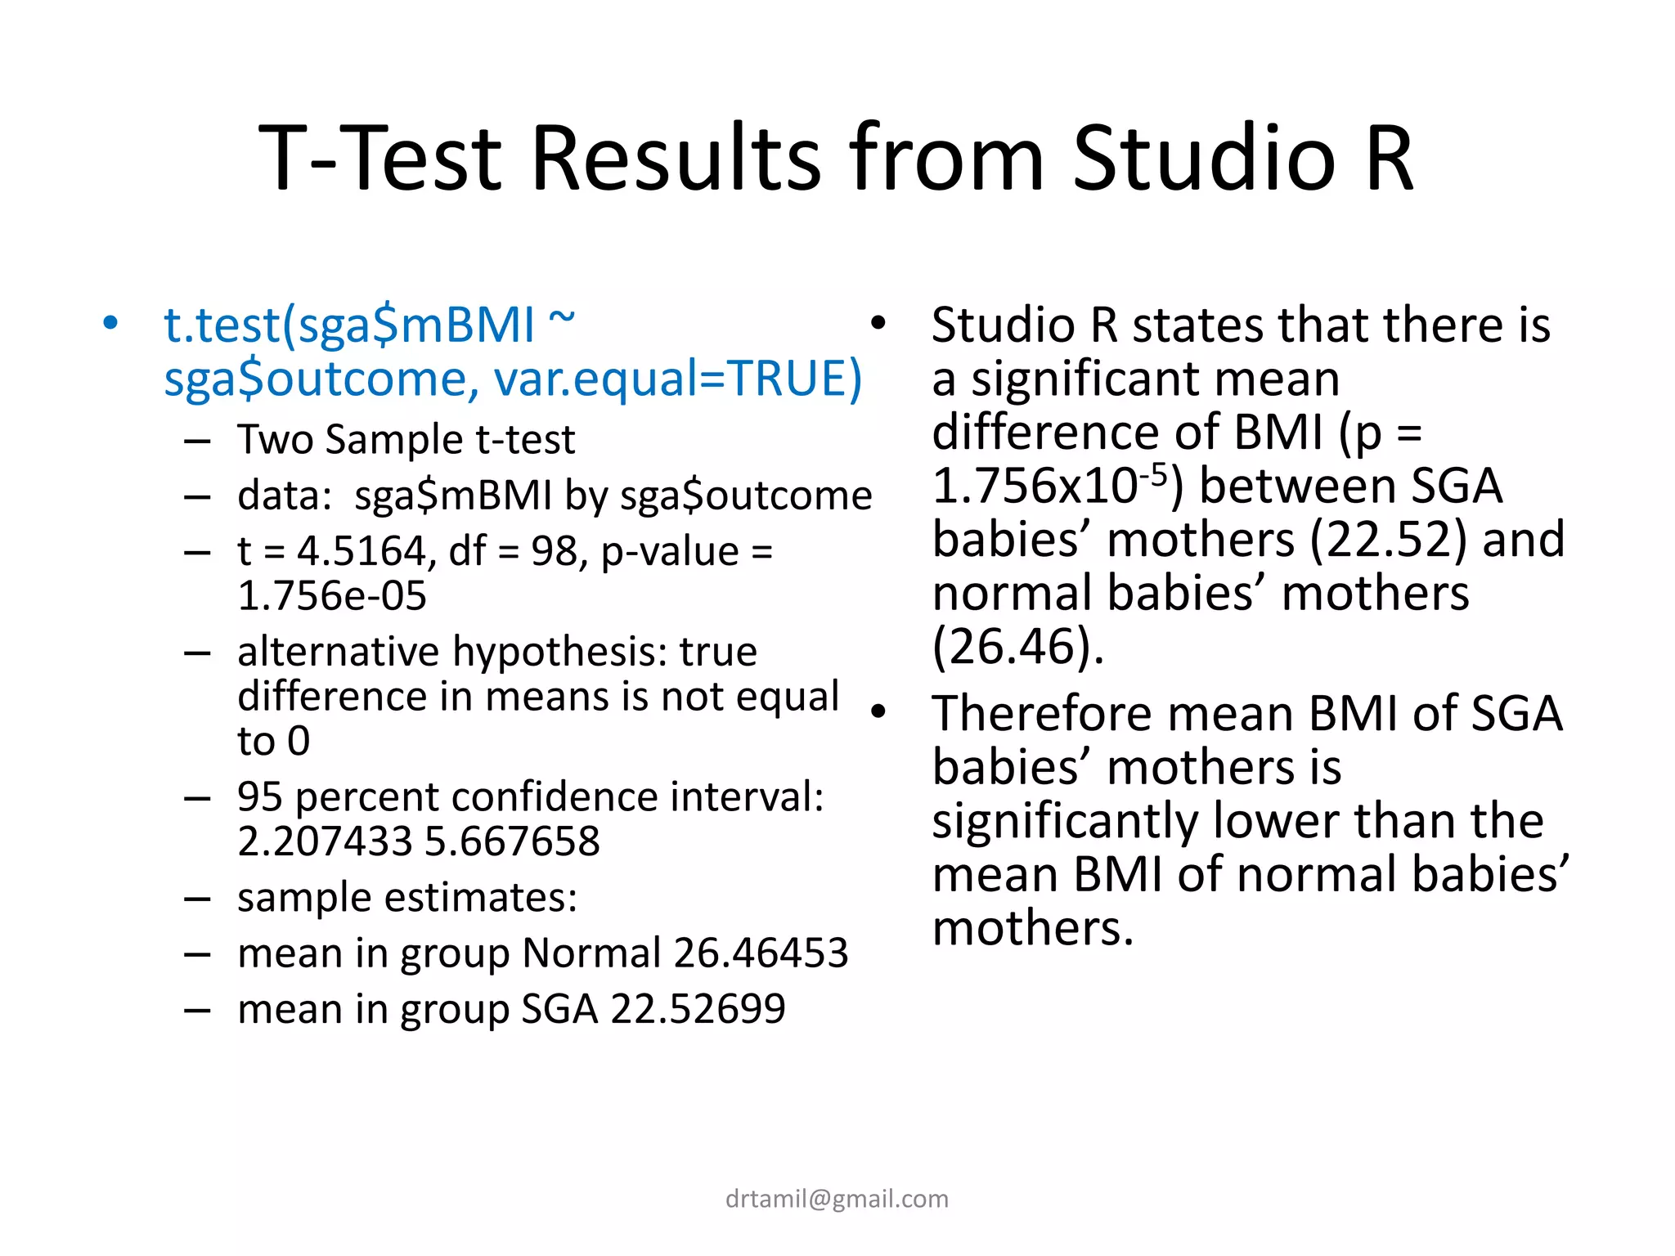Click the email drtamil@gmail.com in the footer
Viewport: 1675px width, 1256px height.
point(837,1199)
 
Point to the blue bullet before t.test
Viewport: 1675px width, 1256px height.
point(110,323)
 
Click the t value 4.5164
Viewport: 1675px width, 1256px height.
point(361,551)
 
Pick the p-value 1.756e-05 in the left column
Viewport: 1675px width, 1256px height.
point(332,596)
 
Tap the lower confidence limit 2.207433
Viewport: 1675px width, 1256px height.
point(325,841)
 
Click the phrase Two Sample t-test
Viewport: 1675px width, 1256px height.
point(406,440)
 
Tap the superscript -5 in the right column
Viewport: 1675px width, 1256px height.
point(1155,473)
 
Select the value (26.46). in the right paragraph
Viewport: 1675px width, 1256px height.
point(1017,648)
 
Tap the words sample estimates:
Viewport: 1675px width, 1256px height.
point(407,898)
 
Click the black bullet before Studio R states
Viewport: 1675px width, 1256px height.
point(878,323)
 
